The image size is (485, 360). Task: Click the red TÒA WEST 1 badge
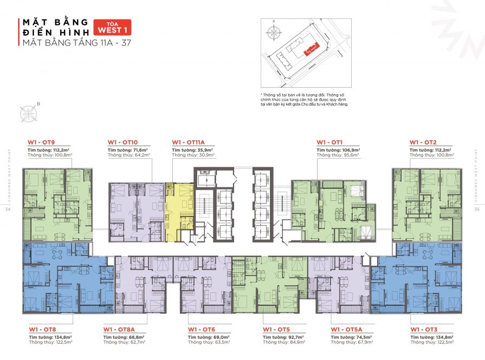point(113,27)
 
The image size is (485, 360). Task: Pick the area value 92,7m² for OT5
point(295,336)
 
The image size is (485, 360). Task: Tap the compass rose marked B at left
point(28,113)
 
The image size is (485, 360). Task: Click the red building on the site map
point(311,50)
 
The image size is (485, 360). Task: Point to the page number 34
point(7,209)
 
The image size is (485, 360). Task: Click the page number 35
point(477,209)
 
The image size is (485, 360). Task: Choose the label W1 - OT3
point(423,329)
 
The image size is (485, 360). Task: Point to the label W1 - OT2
point(423,142)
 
